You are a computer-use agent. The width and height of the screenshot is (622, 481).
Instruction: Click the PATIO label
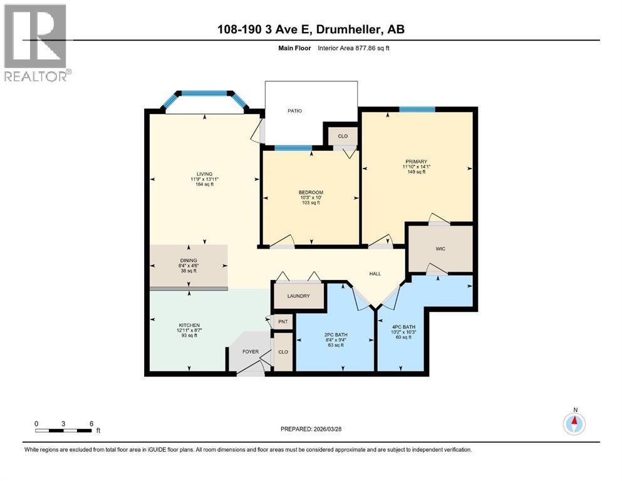click(x=294, y=111)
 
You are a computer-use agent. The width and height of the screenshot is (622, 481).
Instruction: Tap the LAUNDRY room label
click(x=299, y=296)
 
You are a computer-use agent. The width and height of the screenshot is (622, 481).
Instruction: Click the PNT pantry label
click(x=283, y=321)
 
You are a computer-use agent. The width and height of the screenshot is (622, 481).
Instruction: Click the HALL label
click(x=375, y=274)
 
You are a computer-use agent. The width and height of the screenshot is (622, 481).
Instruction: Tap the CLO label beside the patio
click(x=343, y=136)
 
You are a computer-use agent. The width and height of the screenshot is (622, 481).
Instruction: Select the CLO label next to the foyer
click(x=283, y=352)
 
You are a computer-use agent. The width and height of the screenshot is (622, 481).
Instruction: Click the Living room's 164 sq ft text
click(x=204, y=184)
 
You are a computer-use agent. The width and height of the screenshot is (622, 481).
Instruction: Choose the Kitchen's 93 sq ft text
click(x=189, y=336)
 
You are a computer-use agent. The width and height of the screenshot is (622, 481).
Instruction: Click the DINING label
click(x=189, y=260)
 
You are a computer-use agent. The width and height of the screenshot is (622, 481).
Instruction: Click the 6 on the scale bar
click(x=91, y=423)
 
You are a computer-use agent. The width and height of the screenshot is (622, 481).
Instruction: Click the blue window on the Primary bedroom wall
click(x=417, y=110)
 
